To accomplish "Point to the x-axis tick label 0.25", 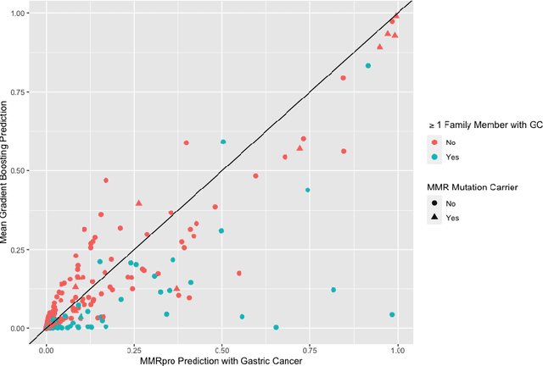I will tap(133, 349).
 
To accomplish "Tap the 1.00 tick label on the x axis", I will tap(396, 349).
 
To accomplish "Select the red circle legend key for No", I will tap(435, 143).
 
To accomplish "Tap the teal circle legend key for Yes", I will tap(435, 158).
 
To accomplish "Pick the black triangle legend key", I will tap(435, 218).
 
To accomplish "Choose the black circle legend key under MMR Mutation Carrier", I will tap(435, 203).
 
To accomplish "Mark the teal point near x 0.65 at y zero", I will tap(276, 327).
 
